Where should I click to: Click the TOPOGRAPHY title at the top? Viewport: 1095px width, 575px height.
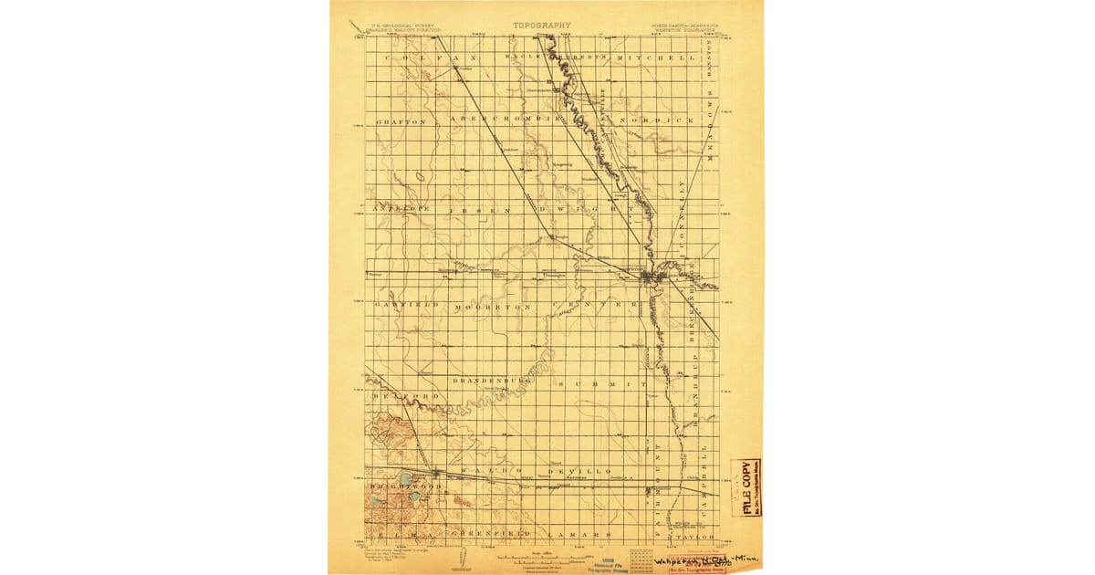point(547,26)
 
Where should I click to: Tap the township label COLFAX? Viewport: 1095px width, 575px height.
point(415,57)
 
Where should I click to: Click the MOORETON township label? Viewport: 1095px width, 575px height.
point(494,308)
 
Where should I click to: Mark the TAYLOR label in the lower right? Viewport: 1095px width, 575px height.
point(697,538)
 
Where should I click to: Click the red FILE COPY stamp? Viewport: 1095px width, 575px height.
point(746,487)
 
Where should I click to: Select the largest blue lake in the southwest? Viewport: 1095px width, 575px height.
point(405,478)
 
